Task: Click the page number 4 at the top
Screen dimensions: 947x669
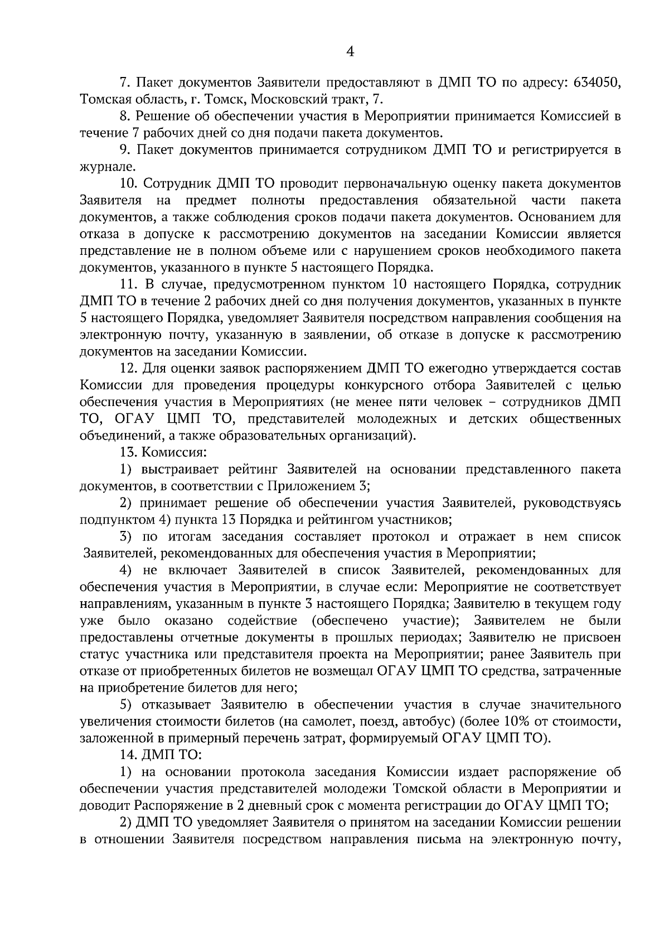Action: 350,52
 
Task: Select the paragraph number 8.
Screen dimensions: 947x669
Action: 125,117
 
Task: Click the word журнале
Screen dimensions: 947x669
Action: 99,167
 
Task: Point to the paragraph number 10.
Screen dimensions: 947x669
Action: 128,184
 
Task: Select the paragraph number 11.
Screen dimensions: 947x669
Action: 128,285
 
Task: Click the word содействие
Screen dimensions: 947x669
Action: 262,620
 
